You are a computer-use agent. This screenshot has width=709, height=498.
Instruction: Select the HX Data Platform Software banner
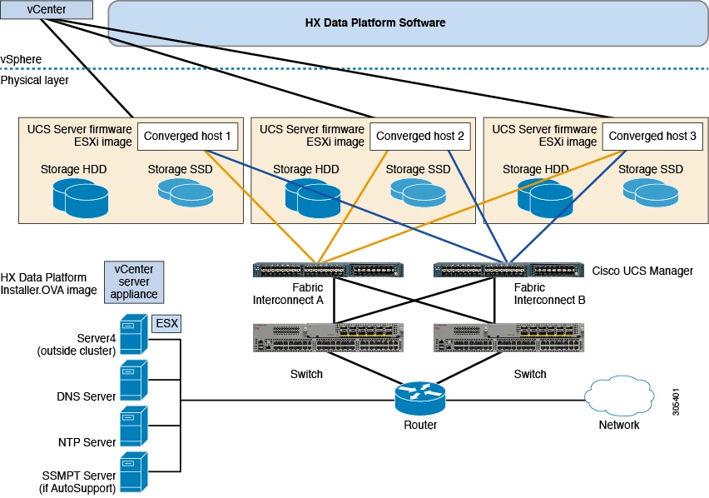pos(375,23)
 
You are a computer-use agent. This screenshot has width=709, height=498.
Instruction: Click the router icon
pos(419,399)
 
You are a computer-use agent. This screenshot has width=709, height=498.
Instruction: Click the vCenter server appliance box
pos(134,281)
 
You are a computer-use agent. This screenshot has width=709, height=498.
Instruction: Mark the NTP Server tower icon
pos(134,427)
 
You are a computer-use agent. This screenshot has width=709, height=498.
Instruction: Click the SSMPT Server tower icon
pos(134,473)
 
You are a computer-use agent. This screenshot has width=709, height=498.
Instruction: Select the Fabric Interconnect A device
pos(328,270)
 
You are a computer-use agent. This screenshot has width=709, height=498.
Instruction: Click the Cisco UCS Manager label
pos(642,271)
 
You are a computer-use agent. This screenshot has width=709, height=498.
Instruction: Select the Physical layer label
pos(34,81)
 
